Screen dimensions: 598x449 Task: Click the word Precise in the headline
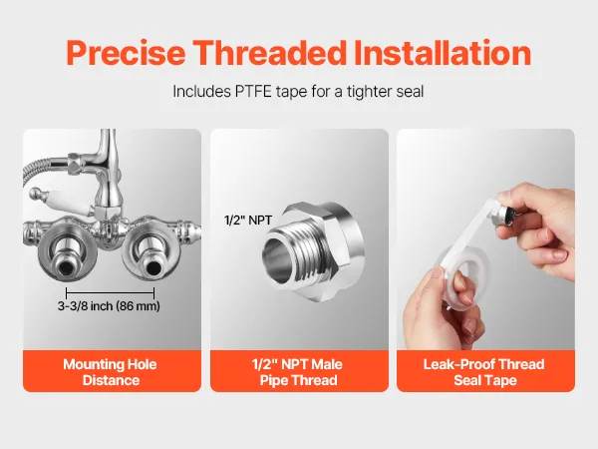click(126, 53)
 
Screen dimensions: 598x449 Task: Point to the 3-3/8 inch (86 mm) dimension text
click(109, 306)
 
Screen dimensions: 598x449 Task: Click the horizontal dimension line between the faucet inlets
click(111, 293)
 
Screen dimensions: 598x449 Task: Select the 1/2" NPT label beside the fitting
click(248, 221)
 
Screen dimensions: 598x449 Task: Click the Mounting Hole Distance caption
click(111, 372)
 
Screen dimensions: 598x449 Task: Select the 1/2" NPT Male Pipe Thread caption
click(298, 372)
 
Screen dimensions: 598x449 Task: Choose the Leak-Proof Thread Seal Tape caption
click(484, 372)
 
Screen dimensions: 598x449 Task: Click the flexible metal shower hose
click(42, 168)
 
